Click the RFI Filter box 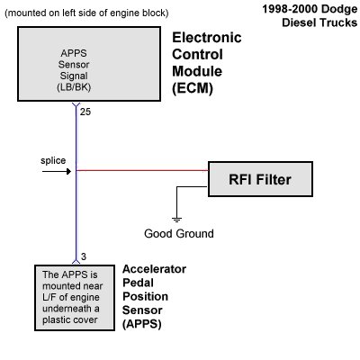(x=262, y=181)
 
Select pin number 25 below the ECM (x=85, y=112)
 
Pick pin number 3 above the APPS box (x=83, y=256)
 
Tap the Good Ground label (x=179, y=234)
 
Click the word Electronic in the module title (x=208, y=39)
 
